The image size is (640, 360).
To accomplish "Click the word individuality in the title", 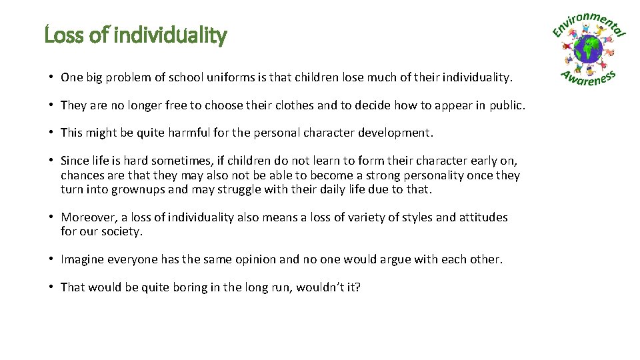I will [x=171, y=35].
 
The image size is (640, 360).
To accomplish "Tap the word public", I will [x=508, y=105].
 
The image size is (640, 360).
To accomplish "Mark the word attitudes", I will [x=483, y=217].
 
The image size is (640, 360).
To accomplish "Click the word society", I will [x=122, y=232].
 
